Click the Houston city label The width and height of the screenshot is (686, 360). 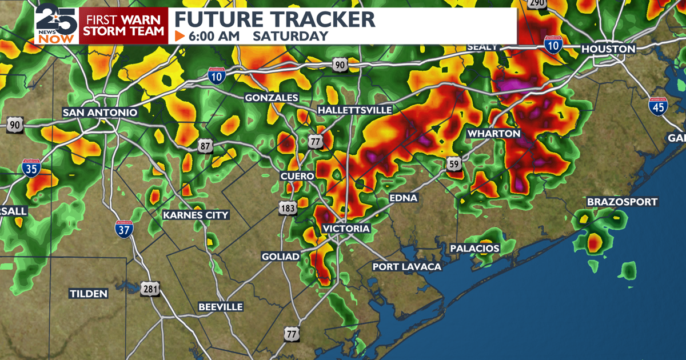click(x=608, y=50)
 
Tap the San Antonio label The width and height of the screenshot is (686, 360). click(x=100, y=113)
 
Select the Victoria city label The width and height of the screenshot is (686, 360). click(x=346, y=229)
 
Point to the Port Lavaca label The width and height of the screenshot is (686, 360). click(x=407, y=267)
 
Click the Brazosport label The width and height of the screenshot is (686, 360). click(x=622, y=202)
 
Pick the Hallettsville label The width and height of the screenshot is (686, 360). click(x=355, y=110)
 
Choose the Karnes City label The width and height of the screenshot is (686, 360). click(x=196, y=215)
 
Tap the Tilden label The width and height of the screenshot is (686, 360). click(x=89, y=294)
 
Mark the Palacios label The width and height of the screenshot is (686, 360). click(x=474, y=249)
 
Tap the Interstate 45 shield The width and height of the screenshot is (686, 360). click(x=657, y=106)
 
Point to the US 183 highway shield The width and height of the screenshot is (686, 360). click(x=288, y=209)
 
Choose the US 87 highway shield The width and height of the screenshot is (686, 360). click(x=205, y=147)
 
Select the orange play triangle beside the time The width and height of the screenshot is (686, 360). click(x=180, y=36)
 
